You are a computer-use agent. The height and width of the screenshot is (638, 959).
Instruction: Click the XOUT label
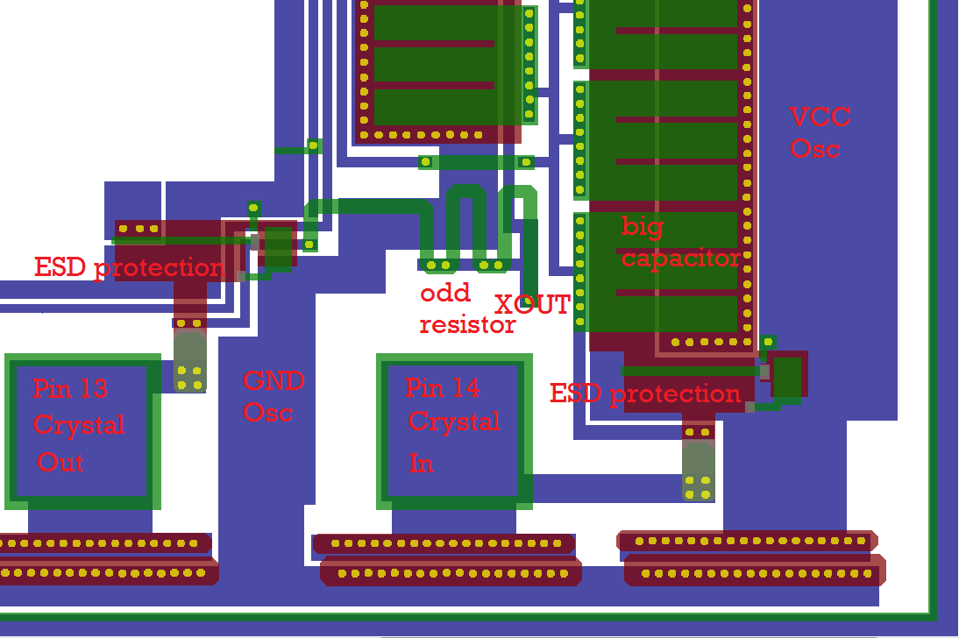[x=532, y=305]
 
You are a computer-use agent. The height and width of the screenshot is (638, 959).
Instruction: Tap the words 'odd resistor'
[x=467, y=308]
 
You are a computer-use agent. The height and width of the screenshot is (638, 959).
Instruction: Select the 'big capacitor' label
[x=680, y=242]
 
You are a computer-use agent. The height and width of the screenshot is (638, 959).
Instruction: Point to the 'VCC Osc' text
[x=819, y=132]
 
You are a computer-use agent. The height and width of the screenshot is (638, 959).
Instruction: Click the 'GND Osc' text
[x=273, y=396]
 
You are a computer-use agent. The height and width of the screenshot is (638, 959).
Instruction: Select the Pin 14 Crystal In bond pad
[x=454, y=431]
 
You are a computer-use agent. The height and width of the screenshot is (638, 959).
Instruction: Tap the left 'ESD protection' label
[x=129, y=267]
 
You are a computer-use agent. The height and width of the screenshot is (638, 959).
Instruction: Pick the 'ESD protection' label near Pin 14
[x=645, y=393]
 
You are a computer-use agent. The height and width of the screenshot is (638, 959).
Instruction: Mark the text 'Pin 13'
[x=70, y=388]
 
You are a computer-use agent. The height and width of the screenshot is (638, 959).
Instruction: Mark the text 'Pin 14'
[x=443, y=387]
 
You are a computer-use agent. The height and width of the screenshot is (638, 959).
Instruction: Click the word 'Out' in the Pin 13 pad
[x=60, y=462]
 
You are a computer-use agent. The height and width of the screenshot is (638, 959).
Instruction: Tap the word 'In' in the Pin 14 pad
[x=421, y=462]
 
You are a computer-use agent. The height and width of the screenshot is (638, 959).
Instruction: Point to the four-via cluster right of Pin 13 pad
[x=189, y=378]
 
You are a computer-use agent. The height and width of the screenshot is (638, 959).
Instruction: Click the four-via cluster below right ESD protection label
[x=698, y=487]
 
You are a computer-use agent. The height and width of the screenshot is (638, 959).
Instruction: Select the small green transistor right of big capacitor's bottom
[x=788, y=374]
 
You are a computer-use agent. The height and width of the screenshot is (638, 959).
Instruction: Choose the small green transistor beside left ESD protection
[x=277, y=246]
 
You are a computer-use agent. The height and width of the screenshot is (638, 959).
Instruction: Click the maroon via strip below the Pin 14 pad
[x=448, y=558]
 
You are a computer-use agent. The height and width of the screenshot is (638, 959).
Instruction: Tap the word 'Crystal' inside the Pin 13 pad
[x=79, y=425]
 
